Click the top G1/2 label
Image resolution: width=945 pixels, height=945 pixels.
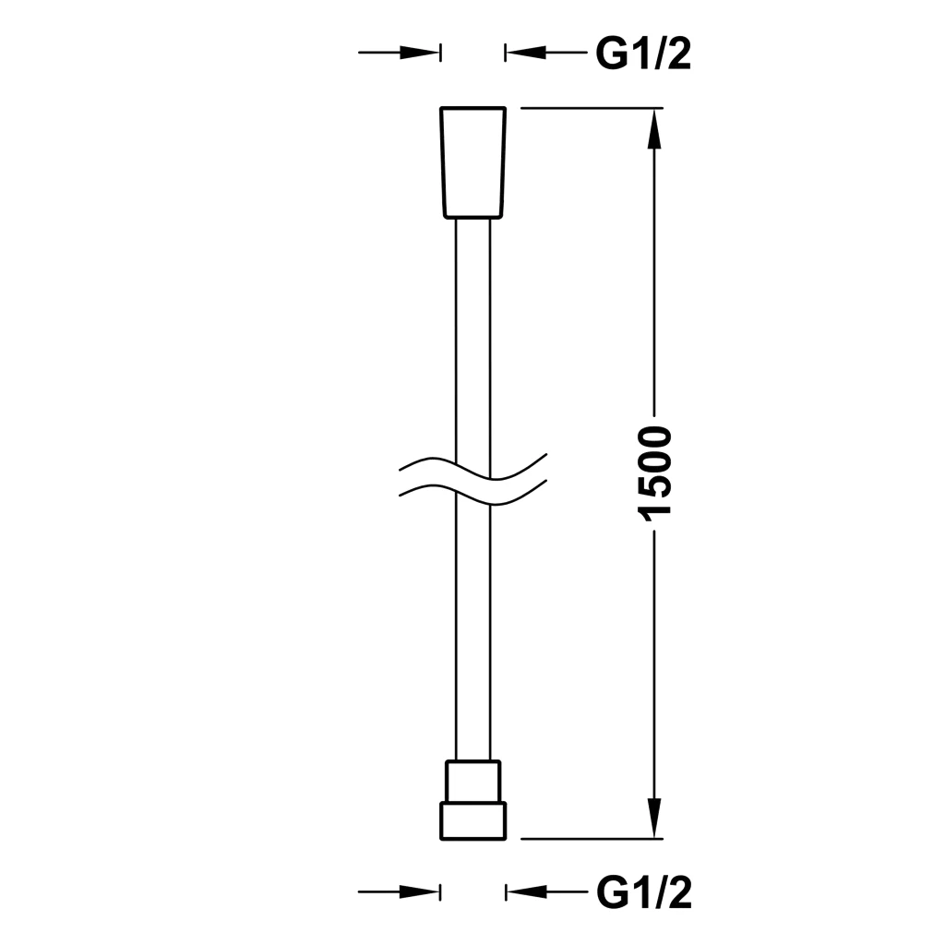tap(643, 54)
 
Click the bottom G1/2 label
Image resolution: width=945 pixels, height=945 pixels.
tap(643, 892)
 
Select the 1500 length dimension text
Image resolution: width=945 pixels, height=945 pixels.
tap(654, 472)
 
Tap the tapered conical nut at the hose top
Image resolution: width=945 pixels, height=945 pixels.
tap(473, 162)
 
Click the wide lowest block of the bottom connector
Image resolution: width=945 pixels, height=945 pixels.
tap(473, 820)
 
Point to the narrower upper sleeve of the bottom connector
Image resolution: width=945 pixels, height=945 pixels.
tap(473, 781)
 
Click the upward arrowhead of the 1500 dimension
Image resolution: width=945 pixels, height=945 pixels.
tap(655, 129)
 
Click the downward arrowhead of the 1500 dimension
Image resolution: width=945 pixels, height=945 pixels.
tap(655, 818)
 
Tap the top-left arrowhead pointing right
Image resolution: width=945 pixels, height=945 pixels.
tap(420, 53)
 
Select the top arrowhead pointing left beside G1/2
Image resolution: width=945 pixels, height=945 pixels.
tap(526, 53)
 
